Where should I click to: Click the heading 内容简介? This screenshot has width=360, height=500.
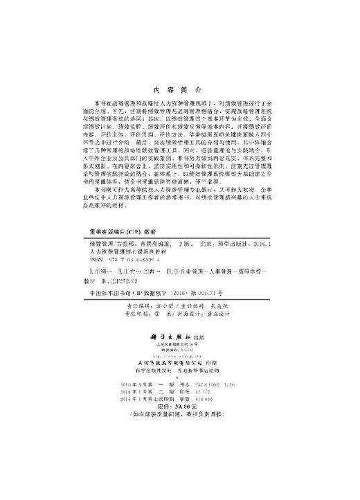pyautogui.click(x=179, y=89)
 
